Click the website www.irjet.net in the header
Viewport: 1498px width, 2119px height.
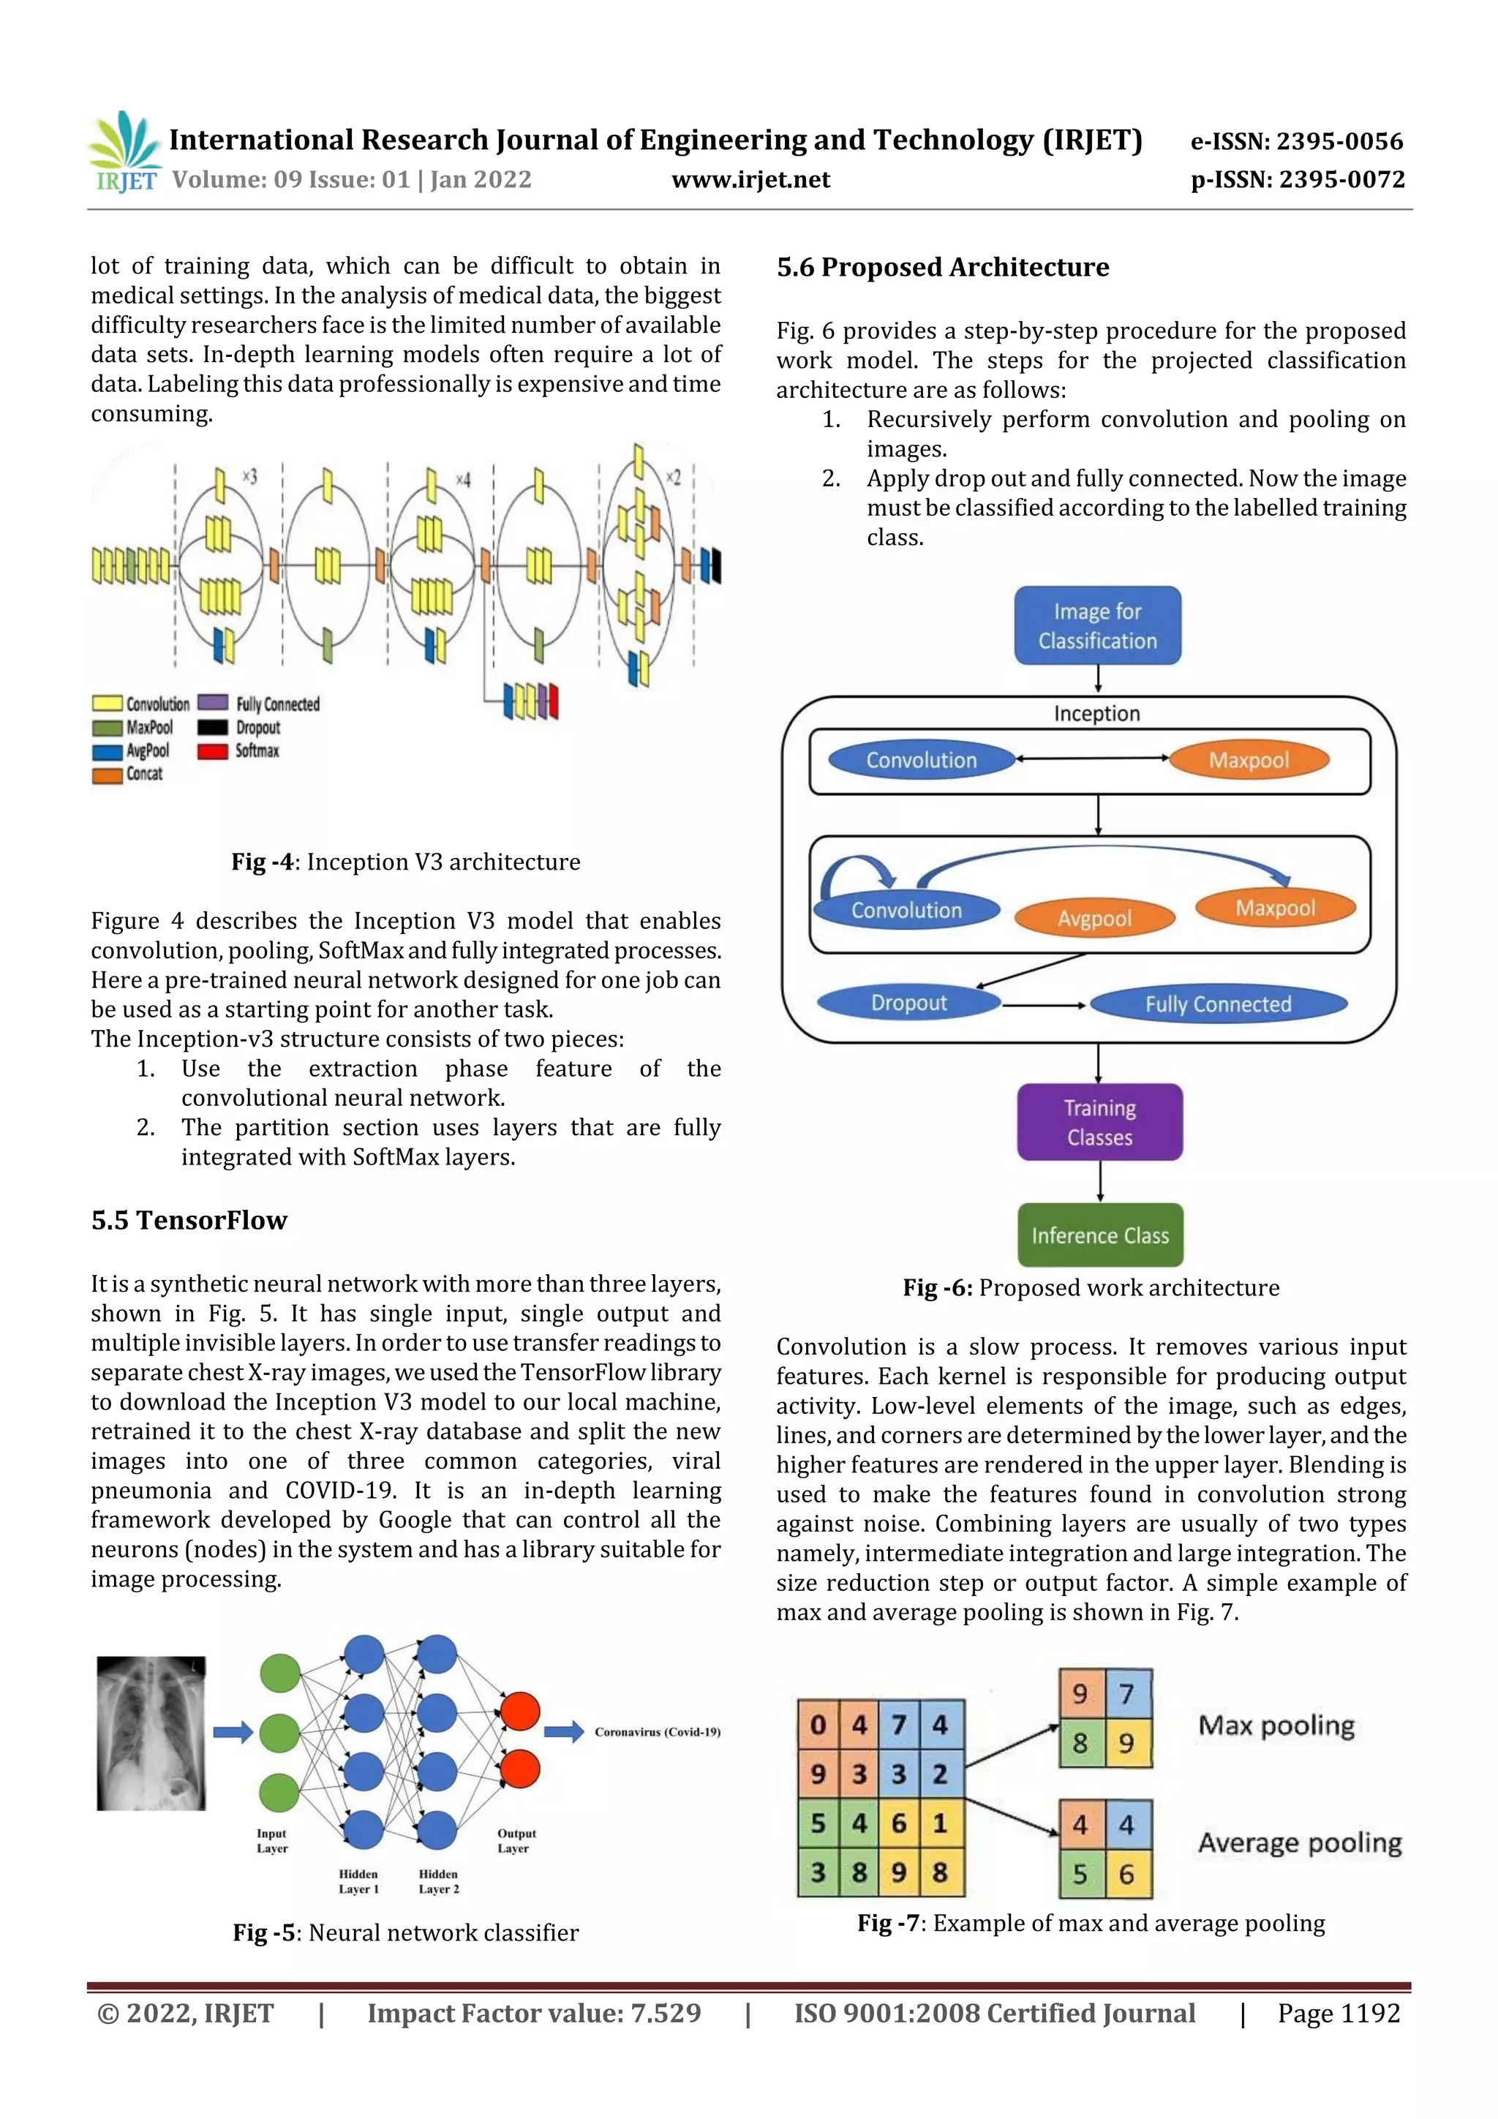coord(750,180)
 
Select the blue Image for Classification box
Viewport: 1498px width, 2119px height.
coord(1097,625)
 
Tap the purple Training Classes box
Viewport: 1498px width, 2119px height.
coord(1099,1122)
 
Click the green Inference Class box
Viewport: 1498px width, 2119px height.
coord(1100,1235)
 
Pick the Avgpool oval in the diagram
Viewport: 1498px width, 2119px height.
coord(1095,918)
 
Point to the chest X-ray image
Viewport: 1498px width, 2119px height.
coord(151,1734)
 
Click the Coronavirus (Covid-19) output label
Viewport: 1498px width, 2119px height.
coord(657,1732)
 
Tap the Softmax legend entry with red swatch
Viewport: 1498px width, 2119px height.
coord(239,750)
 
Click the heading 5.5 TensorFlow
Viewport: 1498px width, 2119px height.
coord(189,1220)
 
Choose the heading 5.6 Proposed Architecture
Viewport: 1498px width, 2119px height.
coord(942,268)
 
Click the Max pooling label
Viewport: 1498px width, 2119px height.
coord(1276,1725)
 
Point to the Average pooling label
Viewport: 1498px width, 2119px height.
coord(1300,1843)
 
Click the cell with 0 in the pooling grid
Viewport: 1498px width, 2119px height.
coord(818,1724)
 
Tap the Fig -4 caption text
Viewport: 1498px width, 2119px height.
coord(405,862)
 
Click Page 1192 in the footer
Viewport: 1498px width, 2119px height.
coord(1339,2013)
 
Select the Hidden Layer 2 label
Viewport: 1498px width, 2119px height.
coord(438,1881)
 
